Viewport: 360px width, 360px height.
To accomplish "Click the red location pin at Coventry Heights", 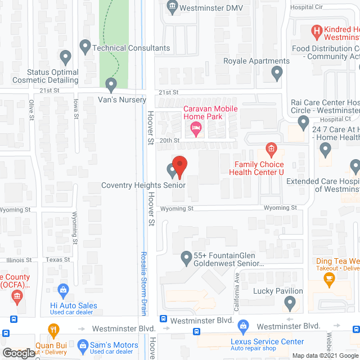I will [x=179, y=165].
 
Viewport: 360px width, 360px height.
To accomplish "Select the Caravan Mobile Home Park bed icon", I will [x=196, y=129].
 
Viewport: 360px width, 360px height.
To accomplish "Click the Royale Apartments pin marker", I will [x=276, y=71].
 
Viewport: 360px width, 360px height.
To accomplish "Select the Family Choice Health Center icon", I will [x=271, y=150].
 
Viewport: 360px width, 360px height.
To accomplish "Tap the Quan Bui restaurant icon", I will [x=53, y=330].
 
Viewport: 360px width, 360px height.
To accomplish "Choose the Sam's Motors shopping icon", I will [x=83, y=344].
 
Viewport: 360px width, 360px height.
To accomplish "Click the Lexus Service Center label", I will [x=267, y=341].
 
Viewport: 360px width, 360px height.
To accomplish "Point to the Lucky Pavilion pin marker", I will [x=290, y=303].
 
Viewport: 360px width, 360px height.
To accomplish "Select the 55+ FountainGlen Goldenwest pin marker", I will [x=187, y=258].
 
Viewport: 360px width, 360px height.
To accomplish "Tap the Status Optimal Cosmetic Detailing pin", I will [x=65, y=57].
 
